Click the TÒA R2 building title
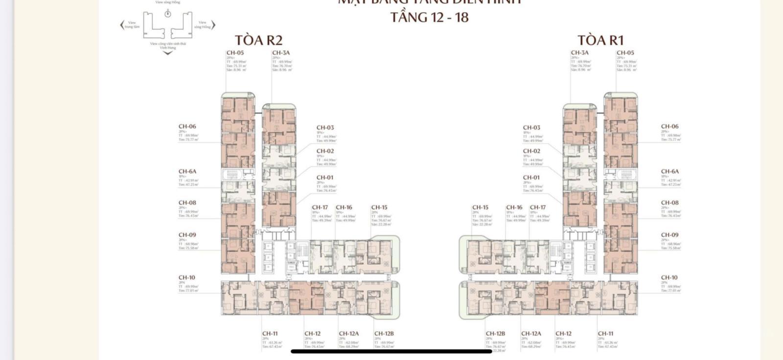pyautogui.click(x=258, y=40)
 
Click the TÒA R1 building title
pyautogui.click(x=600, y=40)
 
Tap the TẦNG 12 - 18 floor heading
pyautogui.click(x=429, y=17)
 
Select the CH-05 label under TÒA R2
pyautogui.click(x=235, y=53)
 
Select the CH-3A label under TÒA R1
pyautogui.click(x=579, y=53)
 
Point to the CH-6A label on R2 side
pyautogui.click(x=187, y=172)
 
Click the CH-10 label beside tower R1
pyautogui.click(x=669, y=277)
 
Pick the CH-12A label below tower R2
pyautogui.click(x=348, y=334)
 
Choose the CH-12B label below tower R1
pyautogui.click(x=495, y=334)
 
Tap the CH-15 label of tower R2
pyautogui.click(x=379, y=207)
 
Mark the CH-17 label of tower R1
pyautogui.click(x=537, y=207)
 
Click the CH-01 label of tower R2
pyautogui.click(x=325, y=178)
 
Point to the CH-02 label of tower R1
pyautogui.click(x=531, y=151)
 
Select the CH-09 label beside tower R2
pyautogui.click(x=187, y=235)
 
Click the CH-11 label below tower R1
pyautogui.click(x=605, y=334)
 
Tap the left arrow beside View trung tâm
pyautogui.click(x=122, y=24)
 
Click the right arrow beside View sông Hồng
pyautogui.click(x=213, y=24)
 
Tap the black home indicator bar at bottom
pyautogui.click(x=391, y=351)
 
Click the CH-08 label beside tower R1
pyautogui.click(x=669, y=202)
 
